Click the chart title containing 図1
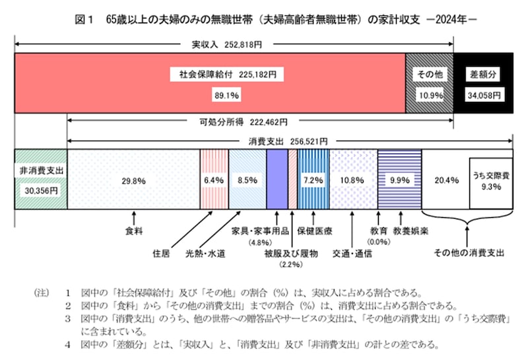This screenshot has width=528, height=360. [x=264, y=20]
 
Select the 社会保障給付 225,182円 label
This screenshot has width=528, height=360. [x=227, y=75]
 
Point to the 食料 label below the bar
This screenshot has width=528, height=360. [x=134, y=232]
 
